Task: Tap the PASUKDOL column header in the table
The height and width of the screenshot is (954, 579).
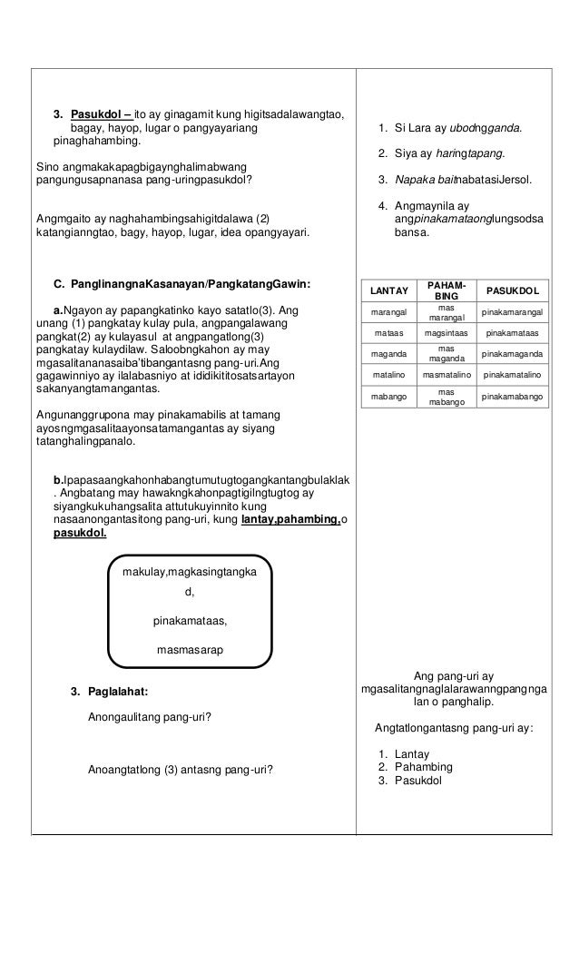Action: coord(513,290)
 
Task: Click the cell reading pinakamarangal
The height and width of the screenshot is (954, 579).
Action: coord(513,312)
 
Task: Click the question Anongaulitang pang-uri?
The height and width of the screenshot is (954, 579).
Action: coord(150,717)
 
